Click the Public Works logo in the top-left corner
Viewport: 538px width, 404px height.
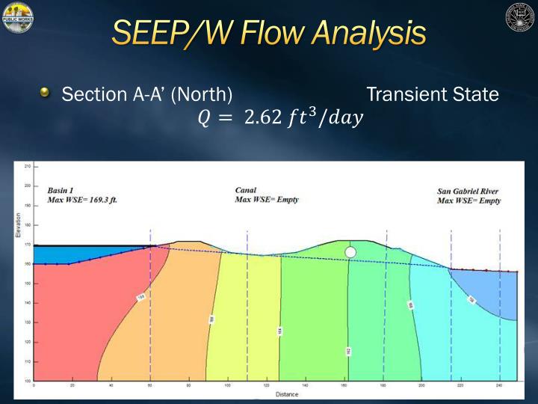tap(17, 17)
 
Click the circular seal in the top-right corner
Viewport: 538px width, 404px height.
tap(520, 17)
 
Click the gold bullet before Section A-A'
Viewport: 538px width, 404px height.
tap(46, 93)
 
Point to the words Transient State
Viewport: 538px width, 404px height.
tap(433, 95)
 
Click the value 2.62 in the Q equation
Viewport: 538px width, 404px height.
tap(267, 117)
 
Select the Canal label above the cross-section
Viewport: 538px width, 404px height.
tap(246, 190)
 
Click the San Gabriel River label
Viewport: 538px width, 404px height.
tap(468, 192)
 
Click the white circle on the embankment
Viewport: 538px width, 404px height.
tap(350, 252)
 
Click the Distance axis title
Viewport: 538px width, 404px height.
tap(286, 394)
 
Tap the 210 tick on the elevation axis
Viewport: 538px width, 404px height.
tap(28, 166)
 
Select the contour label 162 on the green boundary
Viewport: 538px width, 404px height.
tap(349, 351)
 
